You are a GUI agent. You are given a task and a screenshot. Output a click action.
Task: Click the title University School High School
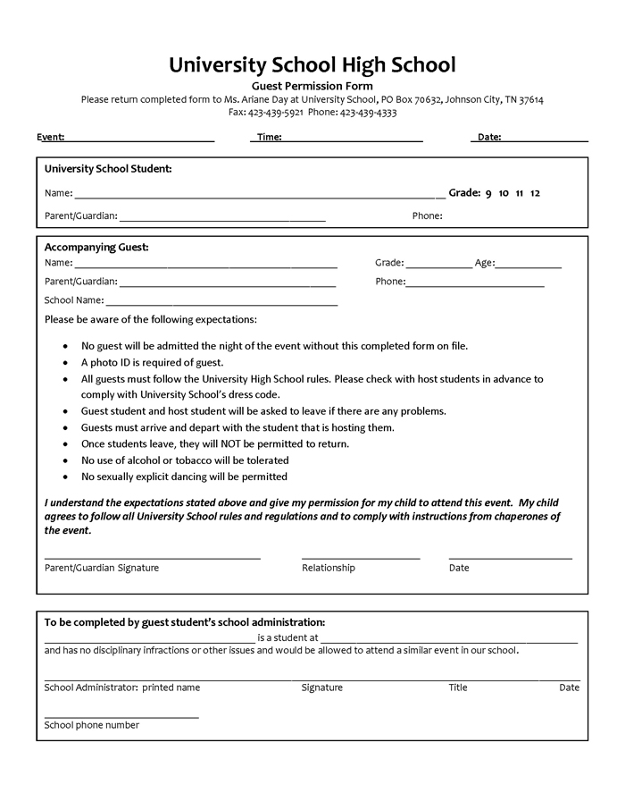(312, 64)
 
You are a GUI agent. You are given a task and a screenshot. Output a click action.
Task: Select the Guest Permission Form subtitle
(312, 86)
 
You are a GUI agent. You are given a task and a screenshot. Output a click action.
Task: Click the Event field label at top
(50, 138)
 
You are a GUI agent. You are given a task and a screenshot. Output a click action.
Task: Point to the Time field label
(269, 138)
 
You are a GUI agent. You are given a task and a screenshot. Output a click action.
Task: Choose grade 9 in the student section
(488, 193)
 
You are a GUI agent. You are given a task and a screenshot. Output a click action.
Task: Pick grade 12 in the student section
(535, 193)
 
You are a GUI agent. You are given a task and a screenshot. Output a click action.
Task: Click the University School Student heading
(108, 168)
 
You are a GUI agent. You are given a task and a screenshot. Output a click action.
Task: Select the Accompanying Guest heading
(96, 247)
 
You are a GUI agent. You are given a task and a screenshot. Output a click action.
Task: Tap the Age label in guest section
(484, 263)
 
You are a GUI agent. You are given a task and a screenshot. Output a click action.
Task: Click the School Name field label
(74, 300)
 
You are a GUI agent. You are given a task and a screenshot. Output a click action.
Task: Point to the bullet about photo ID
(152, 363)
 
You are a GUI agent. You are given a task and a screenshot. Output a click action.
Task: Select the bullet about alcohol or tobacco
(185, 460)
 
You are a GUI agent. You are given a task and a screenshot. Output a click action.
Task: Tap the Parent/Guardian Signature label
(102, 568)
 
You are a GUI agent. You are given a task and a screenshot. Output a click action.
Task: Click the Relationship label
(329, 568)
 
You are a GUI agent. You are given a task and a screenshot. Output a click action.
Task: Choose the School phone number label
(92, 725)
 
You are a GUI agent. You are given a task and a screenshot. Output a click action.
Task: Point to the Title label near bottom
(458, 688)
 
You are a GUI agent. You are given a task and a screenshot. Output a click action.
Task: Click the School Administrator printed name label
(122, 688)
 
